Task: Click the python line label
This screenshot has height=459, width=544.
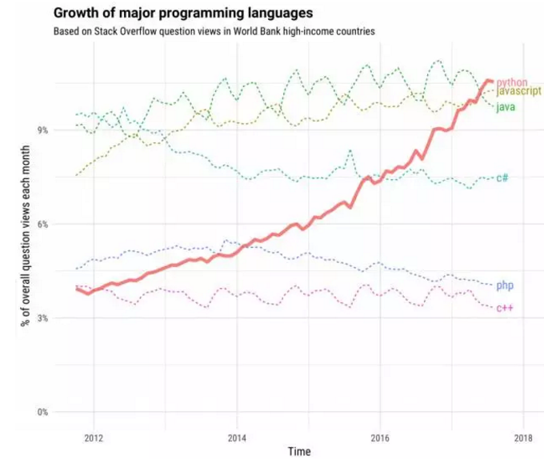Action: click(x=511, y=82)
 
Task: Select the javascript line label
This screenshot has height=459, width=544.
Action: click(x=518, y=92)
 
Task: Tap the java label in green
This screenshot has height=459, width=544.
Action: click(x=505, y=107)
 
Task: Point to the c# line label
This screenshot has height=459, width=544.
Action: click(x=502, y=178)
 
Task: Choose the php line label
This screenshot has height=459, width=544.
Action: click(x=504, y=285)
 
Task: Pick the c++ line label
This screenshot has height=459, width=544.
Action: click(x=504, y=308)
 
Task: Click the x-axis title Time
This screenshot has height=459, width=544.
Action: click(x=300, y=451)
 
